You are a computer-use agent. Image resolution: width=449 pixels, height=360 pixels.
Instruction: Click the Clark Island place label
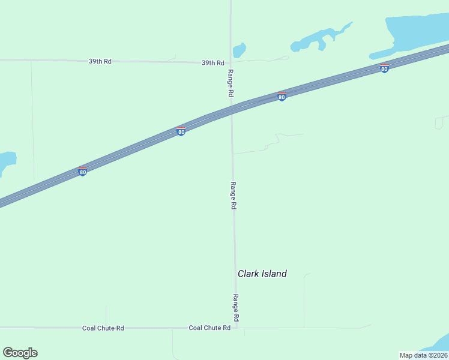coord(262,274)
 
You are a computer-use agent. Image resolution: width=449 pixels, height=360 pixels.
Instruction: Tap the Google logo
coord(20,353)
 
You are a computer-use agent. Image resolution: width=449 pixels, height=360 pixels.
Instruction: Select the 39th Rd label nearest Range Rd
coord(212,63)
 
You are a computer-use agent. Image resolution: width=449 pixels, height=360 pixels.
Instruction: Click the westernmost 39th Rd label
coord(100,62)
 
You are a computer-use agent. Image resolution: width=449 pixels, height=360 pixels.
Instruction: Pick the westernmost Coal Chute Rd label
coord(103,328)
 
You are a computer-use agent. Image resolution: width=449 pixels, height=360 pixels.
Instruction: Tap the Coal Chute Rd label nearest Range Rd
coord(209,328)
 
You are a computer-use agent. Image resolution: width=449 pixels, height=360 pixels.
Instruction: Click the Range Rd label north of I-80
coord(230,83)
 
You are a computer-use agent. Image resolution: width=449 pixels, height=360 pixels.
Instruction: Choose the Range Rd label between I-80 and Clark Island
coord(234,196)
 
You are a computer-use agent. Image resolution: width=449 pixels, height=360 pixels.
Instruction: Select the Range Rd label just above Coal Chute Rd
coord(236,307)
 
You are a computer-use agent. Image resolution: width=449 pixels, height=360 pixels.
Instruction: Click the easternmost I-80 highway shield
coord(384,68)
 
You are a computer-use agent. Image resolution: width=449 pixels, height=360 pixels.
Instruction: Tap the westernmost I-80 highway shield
coord(83,172)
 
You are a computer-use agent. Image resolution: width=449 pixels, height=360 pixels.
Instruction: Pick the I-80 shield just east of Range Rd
coord(282,97)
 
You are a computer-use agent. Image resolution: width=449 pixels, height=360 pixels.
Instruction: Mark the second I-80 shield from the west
coord(181,131)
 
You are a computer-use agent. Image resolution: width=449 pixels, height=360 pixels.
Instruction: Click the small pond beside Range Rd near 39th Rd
coord(239,50)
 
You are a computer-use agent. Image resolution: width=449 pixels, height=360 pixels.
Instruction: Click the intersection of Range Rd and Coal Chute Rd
coord(236,328)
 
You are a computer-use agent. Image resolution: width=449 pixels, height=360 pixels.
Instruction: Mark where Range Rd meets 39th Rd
coord(231,62)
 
